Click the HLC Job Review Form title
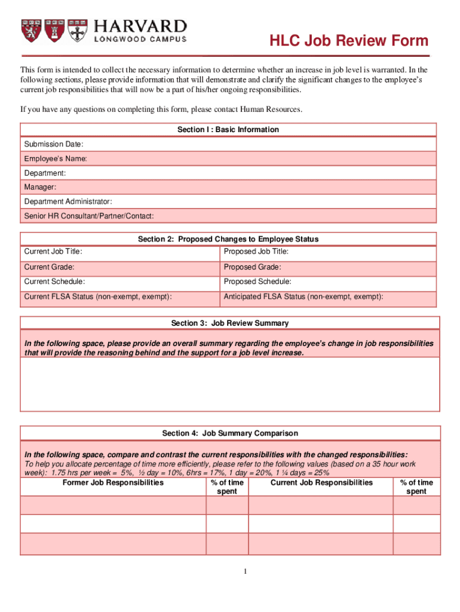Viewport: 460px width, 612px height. [x=348, y=41]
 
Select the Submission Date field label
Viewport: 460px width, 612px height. [x=54, y=144]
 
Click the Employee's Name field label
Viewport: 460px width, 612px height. [x=56, y=158]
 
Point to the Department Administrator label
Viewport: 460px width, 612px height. [x=68, y=201]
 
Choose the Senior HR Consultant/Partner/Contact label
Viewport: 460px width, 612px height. [x=89, y=216]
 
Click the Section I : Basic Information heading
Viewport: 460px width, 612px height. [x=228, y=130]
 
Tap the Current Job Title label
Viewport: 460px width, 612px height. [x=53, y=252]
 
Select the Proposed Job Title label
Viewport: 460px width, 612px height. [x=256, y=252]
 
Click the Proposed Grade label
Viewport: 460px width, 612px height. [x=252, y=267]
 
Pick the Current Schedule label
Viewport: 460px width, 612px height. [x=54, y=281]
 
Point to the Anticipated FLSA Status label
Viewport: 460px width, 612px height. [x=303, y=296]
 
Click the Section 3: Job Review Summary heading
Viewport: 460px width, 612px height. [x=229, y=323]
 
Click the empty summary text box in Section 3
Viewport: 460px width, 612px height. [x=229, y=384]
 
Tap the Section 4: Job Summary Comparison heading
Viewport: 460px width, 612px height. [x=229, y=433]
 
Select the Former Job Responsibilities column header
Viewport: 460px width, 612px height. [x=113, y=483]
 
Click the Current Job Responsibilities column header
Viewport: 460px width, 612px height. [x=321, y=483]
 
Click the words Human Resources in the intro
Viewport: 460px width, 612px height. [x=271, y=109]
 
